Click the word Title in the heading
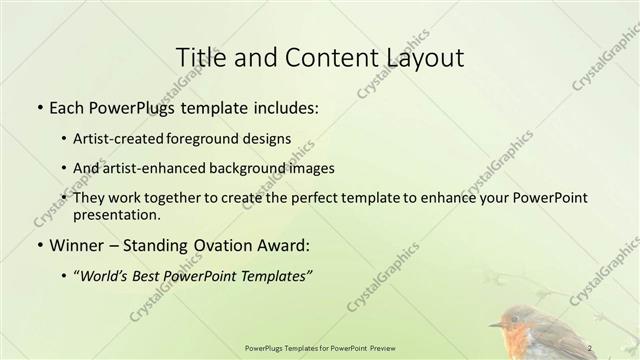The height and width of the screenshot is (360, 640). [198, 57]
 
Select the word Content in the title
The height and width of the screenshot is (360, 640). [319, 57]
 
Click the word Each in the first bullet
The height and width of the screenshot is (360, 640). [67, 105]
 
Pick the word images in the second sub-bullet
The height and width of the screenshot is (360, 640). [307, 168]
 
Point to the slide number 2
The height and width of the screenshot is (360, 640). [591, 346]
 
